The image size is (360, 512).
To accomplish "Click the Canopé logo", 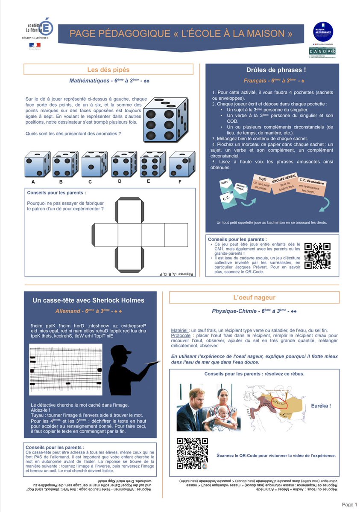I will tap(322, 52).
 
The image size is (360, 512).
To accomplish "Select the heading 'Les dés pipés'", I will tap(108, 70).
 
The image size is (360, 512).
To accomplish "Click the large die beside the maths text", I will tap(164, 117).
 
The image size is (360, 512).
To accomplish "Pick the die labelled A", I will tap(37, 164).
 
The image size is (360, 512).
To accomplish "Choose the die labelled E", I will tap(152, 164).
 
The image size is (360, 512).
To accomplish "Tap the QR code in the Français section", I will tap(317, 256).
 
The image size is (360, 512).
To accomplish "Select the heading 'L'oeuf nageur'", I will tap(254, 297).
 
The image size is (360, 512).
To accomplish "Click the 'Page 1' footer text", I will tap(349, 505).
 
